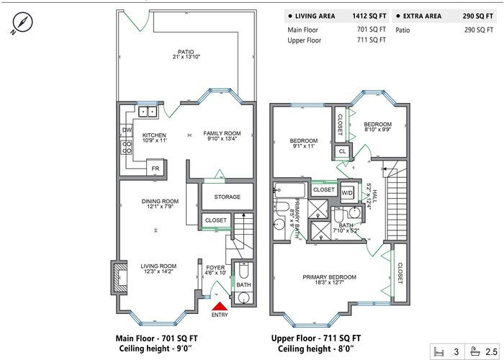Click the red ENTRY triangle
tap(220, 306)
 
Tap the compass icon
tap(22, 22)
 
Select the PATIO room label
tap(186, 52)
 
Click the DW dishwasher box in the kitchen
tap(127, 130)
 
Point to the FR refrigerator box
tap(156, 168)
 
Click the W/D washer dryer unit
tap(347, 193)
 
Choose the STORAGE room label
tap(228, 197)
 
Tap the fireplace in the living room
tap(120, 277)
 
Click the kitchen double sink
tap(148, 112)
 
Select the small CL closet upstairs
tap(343, 151)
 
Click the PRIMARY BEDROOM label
tap(329, 277)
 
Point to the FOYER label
tap(215, 267)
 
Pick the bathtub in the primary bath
tap(289, 191)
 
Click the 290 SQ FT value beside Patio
tap(479, 30)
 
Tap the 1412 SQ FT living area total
tap(369, 16)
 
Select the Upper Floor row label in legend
tap(304, 40)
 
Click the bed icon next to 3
tap(438, 351)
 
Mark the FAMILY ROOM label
tap(222, 133)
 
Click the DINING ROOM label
tap(160, 202)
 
